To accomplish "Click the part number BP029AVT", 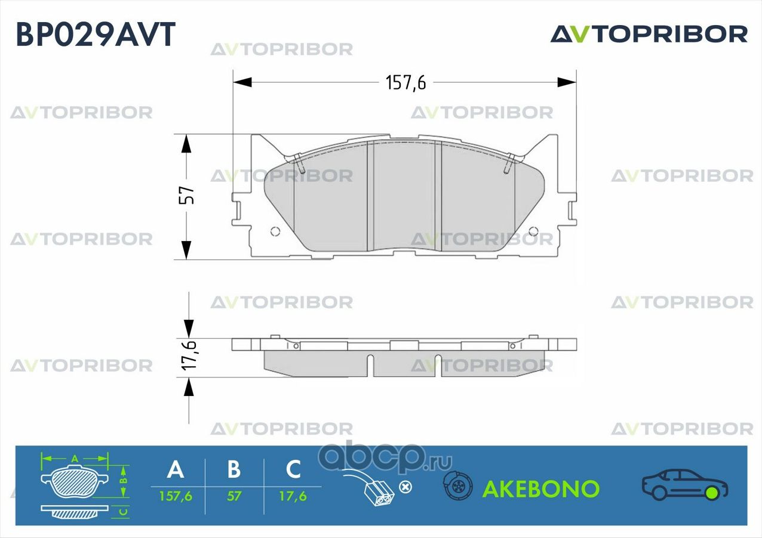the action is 96,34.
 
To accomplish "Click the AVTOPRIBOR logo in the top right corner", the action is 649,34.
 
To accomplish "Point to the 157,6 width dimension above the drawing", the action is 405,83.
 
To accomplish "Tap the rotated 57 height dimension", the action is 187,196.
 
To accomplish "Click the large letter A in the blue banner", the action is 175,469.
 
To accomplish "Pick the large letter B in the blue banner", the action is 234,469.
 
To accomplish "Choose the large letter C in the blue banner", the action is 293,469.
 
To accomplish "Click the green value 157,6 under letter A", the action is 175,496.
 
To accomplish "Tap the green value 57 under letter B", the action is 234,496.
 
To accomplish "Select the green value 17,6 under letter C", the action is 293,496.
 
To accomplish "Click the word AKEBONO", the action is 540,489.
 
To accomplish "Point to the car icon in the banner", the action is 684,484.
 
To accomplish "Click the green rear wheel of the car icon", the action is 711,493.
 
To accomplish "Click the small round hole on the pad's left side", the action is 275,231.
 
